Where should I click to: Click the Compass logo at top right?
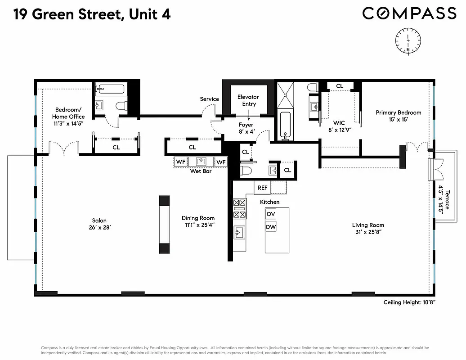tap(409, 13)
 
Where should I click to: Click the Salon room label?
tap(99, 220)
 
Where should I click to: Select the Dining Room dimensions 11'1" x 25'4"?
tap(198, 225)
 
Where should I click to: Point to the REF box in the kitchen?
tap(262, 188)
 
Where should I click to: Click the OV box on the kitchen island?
tap(271, 214)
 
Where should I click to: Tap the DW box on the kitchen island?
tap(271, 227)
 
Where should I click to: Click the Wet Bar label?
tap(201, 171)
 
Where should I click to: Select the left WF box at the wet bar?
tap(181, 162)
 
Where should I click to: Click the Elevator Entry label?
tap(248, 100)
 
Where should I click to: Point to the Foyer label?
tap(246, 125)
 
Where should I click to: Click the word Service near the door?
tap(210, 99)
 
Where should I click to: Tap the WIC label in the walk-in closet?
tap(339, 123)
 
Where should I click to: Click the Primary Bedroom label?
tap(399, 112)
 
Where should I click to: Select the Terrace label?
tap(445, 199)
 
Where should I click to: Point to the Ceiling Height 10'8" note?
tap(409, 303)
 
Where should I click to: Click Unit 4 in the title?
tap(148, 14)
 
